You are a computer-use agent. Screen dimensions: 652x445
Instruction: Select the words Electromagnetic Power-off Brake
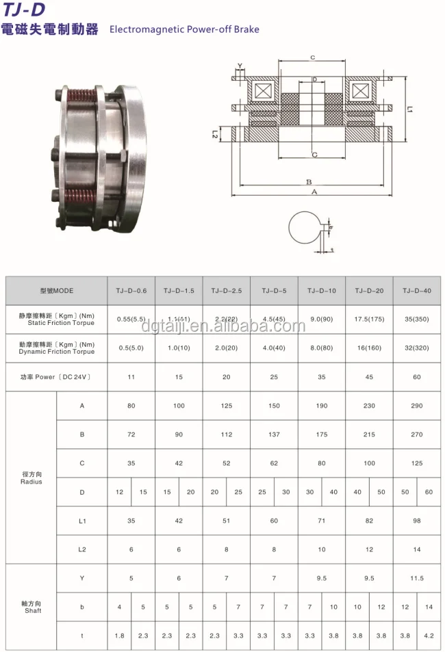click(x=184, y=29)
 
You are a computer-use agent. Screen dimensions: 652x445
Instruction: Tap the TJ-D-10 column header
click(x=322, y=291)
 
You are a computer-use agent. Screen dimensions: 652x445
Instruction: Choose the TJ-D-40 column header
click(x=416, y=291)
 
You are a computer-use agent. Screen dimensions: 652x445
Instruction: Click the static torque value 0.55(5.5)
click(x=131, y=319)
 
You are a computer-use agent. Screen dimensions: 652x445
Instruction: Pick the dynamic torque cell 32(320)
click(x=416, y=347)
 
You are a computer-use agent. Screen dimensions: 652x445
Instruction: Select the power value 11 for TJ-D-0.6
click(x=131, y=377)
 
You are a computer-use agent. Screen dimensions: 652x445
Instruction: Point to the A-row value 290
click(x=416, y=406)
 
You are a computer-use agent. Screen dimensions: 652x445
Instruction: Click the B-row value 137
click(x=274, y=434)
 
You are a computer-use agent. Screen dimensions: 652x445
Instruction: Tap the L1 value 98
click(x=416, y=521)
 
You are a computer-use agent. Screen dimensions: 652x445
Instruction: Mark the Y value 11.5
click(x=416, y=578)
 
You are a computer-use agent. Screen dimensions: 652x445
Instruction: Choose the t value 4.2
click(x=429, y=636)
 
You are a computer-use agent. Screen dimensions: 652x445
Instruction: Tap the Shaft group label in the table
click(x=31, y=607)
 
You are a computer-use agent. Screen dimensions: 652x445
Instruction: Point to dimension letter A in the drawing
click(x=314, y=193)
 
